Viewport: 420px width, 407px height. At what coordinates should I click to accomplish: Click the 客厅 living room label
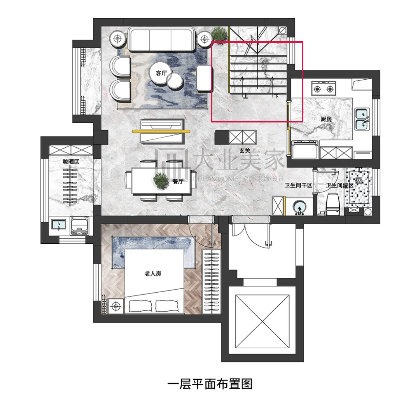coord(161,73)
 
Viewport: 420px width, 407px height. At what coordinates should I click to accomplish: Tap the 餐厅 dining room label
coord(178,181)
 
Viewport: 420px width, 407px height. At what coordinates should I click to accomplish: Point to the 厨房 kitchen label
coord(326,119)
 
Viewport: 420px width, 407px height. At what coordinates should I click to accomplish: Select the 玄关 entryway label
coord(245,150)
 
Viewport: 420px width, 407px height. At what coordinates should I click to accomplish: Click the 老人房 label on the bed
coord(153,274)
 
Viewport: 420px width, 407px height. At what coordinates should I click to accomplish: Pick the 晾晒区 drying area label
coord(71,161)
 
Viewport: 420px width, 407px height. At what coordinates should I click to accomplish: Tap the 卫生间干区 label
coord(299,186)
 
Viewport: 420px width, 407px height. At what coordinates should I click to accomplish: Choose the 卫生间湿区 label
coord(340,186)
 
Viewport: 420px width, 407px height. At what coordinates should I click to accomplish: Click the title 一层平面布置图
coord(210,384)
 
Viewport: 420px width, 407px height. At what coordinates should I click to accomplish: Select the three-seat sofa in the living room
coord(162,39)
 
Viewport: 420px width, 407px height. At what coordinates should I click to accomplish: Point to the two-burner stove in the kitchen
coord(324,89)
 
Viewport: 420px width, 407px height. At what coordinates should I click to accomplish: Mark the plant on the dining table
coord(161,181)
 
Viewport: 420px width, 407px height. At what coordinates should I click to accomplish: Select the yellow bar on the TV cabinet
coord(163,132)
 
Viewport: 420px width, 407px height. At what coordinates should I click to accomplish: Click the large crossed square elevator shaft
coord(263,321)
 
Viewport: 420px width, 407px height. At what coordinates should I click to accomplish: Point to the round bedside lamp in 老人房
coord(115,306)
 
